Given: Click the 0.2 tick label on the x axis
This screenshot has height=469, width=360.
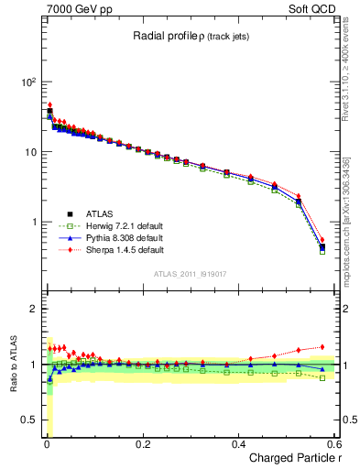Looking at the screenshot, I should coord(142,444).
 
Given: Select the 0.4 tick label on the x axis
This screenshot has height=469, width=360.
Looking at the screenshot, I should coord(238,444).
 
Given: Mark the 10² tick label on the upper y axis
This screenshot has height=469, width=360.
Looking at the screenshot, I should coord(27,82).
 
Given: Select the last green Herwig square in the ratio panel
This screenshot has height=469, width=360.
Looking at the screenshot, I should coord(322,377).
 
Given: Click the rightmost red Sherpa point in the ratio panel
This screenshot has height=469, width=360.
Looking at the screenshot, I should coord(322,347).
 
